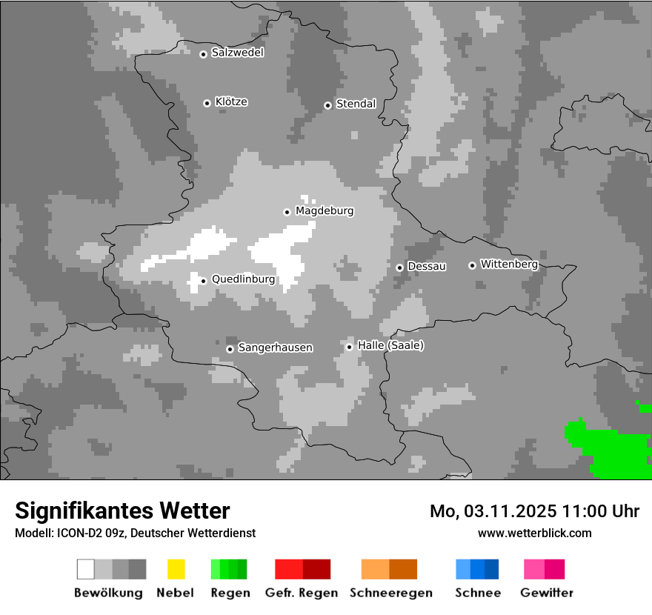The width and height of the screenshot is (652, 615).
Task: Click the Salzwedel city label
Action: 237,53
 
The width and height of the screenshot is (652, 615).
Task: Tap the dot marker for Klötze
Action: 207,103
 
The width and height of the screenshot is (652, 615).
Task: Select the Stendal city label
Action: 356,104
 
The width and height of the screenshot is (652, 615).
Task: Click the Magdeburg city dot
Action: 287,212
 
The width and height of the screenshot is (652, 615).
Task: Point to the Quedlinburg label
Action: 243,279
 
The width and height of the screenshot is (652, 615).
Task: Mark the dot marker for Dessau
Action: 399,267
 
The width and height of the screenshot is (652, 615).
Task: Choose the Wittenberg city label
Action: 509,264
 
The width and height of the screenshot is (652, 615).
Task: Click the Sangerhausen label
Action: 275,348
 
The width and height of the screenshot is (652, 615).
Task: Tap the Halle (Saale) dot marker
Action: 350,347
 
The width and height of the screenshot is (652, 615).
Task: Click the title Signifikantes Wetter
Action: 122,511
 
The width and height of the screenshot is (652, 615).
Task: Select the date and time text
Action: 534,511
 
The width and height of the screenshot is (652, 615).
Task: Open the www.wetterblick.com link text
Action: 534,533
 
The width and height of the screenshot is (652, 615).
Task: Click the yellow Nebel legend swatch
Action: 176,569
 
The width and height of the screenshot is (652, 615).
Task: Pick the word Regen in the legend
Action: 229,593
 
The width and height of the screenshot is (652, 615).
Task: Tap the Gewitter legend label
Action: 547,593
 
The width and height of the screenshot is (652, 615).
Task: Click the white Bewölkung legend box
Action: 86,569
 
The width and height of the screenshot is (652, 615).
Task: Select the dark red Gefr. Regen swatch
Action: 316,569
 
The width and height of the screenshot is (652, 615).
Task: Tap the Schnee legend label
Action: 477,593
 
